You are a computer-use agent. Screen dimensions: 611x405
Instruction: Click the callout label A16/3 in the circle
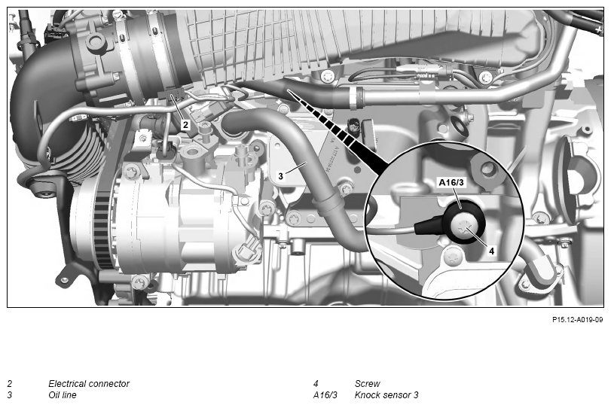(451, 182)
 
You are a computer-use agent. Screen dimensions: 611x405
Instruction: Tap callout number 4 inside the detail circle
(491, 251)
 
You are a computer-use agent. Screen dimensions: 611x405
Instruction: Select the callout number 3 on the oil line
(280, 176)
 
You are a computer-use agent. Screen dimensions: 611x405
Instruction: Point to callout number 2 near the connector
(185, 125)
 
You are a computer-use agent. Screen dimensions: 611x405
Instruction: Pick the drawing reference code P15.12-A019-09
(578, 320)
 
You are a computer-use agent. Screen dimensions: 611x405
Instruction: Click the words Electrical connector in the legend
(89, 384)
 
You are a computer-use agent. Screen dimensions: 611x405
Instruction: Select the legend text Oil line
(63, 395)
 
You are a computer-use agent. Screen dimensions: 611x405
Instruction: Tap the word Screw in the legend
(367, 384)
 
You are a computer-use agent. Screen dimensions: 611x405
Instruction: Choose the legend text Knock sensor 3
(386, 395)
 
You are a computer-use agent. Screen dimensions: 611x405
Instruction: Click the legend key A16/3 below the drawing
(325, 395)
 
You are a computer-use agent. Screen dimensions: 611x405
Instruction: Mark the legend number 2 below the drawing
(10, 384)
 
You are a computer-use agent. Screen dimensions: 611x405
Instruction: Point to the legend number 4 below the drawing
(316, 384)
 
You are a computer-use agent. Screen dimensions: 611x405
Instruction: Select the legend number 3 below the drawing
(10, 395)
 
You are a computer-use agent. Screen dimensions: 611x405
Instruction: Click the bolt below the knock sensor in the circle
(454, 257)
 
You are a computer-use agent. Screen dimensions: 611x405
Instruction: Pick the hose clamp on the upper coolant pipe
(356, 97)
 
